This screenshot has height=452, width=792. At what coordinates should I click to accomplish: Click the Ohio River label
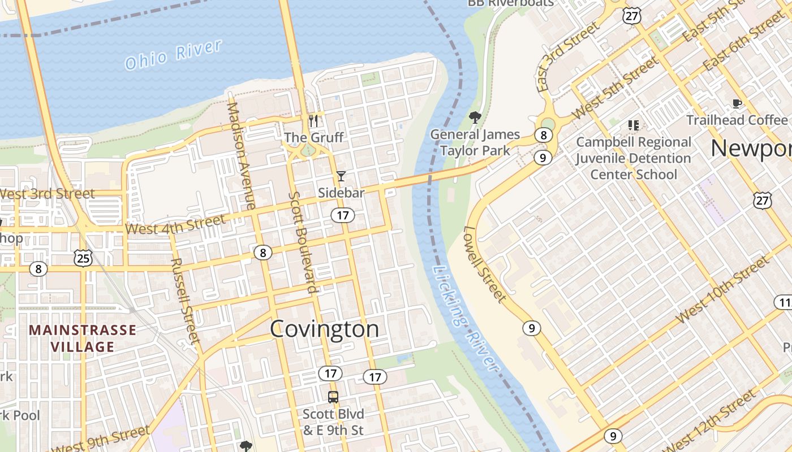[173, 54]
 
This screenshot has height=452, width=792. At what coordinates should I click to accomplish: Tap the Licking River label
[465, 318]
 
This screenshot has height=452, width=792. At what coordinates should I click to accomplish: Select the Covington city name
[324, 329]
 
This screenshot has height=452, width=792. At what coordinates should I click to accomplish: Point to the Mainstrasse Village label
[83, 338]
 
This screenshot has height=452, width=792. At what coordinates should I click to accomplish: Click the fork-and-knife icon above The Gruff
[313, 121]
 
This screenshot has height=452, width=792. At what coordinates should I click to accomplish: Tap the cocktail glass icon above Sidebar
[341, 176]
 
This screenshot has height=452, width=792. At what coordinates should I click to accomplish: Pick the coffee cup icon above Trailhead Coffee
[737, 103]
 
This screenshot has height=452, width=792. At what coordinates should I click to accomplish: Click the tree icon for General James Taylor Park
[475, 118]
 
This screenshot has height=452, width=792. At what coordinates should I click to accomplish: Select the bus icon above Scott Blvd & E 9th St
[333, 397]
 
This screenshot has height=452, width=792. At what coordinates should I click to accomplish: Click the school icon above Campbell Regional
[633, 125]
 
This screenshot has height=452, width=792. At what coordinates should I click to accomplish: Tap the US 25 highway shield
[83, 258]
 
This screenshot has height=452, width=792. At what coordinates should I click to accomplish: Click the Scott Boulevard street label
[303, 242]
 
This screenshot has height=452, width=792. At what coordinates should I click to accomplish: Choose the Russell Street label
[186, 300]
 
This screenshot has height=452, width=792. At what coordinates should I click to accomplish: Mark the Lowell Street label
[485, 264]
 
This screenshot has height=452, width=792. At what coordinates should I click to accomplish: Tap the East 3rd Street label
[567, 56]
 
